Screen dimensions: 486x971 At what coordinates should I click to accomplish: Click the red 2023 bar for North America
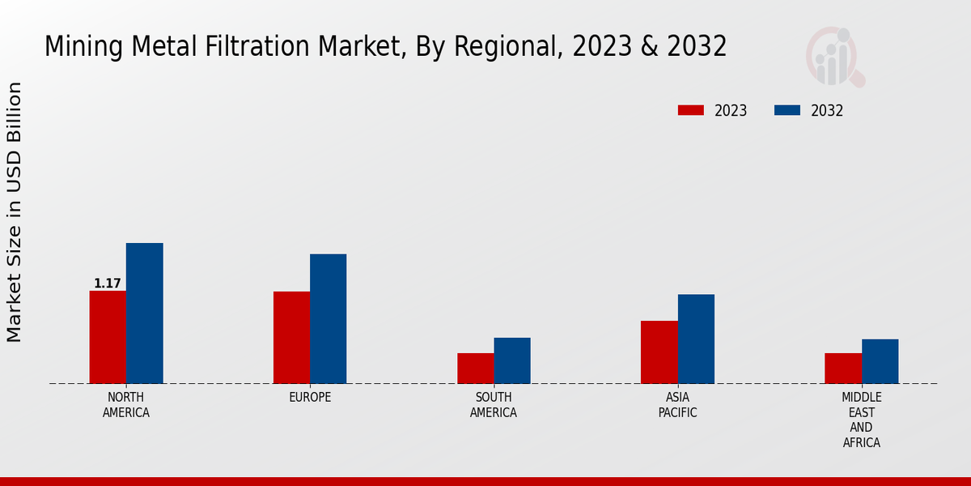[108, 337]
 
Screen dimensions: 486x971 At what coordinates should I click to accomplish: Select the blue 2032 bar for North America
[144, 313]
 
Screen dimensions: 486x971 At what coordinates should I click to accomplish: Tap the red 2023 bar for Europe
[291, 337]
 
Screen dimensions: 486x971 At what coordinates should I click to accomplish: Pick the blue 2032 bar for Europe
[328, 318]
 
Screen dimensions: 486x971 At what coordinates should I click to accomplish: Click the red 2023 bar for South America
[475, 368]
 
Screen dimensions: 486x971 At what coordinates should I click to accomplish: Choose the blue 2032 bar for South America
[512, 360]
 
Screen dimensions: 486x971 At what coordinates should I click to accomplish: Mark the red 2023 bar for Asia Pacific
[659, 352]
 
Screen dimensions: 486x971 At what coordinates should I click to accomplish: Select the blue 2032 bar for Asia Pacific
[696, 339]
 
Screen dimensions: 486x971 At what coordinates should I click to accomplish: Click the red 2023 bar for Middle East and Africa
[843, 368]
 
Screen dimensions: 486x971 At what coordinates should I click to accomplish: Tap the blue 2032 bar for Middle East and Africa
[880, 361]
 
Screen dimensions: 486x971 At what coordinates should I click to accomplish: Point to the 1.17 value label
[108, 283]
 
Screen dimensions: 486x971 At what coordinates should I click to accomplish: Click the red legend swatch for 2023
[691, 110]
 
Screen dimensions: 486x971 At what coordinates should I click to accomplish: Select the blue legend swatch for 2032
[787, 110]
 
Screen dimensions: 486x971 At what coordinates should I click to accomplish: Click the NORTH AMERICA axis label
[126, 405]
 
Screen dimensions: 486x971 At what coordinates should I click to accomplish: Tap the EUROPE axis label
[310, 398]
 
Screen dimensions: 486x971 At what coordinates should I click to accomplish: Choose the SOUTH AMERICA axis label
[494, 405]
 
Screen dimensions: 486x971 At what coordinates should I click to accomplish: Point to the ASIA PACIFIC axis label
[677, 405]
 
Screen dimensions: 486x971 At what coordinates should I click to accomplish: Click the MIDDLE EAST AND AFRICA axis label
[861, 420]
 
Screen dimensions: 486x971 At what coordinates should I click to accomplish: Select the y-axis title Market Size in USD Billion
[15, 212]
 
